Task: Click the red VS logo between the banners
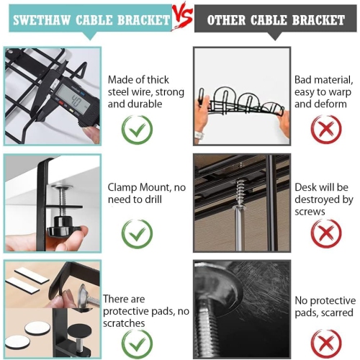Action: point(183,15)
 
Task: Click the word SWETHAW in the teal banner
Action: point(42,20)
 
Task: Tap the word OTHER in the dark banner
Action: point(226,20)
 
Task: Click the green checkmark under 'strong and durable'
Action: point(137,130)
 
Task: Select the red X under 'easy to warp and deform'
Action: point(326,129)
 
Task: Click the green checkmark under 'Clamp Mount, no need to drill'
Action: point(137,234)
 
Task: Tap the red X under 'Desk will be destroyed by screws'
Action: point(326,233)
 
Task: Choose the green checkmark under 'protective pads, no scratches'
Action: point(137,344)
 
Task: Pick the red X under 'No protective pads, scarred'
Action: point(326,343)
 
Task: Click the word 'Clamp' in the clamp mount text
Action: point(122,188)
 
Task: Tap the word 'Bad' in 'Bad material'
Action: point(304,80)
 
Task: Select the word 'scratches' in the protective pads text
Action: point(124,323)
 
